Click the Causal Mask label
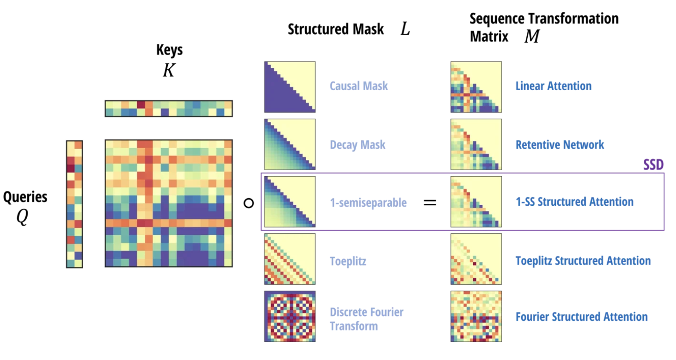click(359, 86)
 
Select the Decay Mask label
click(358, 144)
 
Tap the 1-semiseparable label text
click(368, 202)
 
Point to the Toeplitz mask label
click(348, 260)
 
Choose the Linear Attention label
click(554, 86)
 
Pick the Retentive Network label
click(560, 144)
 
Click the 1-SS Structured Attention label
click(575, 202)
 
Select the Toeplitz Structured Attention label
click(583, 260)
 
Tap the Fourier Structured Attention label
click(582, 317)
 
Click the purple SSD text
click(653, 165)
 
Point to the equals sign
click(430, 202)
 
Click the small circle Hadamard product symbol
click(249, 203)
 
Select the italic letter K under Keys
click(168, 70)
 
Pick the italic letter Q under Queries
click(22, 218)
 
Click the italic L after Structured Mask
click(405, 29)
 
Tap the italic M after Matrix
click(532, 36)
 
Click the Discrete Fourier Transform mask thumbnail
click(290, 317)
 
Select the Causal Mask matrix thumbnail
click(290, 87)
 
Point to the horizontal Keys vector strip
click(168, 108)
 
